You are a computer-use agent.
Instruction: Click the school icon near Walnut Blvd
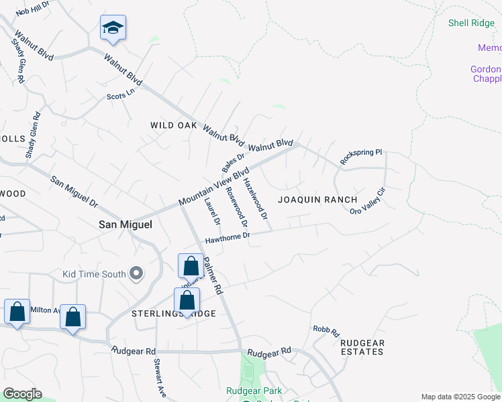(x=113, y=28)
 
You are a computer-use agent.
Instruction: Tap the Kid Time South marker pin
(x=137, y=273)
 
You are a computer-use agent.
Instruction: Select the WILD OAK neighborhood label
(x=173, y=125)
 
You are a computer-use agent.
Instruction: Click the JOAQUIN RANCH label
(x=317, y=200)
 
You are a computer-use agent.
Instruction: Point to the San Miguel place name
(x=125, y=225)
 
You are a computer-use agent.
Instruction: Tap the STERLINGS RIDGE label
(x=164, y=314)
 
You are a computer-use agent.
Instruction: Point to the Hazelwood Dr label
(x=256, y=199)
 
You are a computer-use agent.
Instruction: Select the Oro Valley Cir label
(x=368, y=202)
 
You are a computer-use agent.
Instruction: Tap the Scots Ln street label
(x=121, y=95)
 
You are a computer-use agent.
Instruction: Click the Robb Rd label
(x=327, y=331)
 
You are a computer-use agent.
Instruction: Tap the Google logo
(x=22, y=394)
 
